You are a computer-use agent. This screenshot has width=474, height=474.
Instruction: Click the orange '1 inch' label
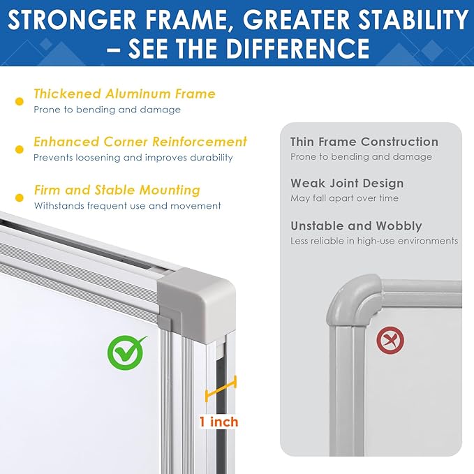click(x=219, y=422)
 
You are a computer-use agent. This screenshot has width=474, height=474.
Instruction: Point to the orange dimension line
click(x=221, y=389)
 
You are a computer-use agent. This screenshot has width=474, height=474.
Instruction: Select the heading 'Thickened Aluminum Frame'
click(x=124, y=94)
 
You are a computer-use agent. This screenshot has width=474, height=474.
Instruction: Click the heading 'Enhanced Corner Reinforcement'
click(x=140, y=142)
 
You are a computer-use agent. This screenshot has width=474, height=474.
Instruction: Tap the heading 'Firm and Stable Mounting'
click(x=117, y=190)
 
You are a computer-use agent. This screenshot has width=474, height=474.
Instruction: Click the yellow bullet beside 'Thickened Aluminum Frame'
click(x=19, y=102)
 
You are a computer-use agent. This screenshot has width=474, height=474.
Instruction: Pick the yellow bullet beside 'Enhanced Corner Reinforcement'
click(x=19, y=149)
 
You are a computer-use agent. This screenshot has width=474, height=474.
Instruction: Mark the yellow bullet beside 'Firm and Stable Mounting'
click(x=19, y=198)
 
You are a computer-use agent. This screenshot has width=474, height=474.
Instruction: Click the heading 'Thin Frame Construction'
click(x=364, y=142)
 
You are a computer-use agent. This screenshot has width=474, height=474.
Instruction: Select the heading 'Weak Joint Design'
click(x=347, y=184)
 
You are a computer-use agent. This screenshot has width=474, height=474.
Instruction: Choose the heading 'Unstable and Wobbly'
click(x=356, y=226)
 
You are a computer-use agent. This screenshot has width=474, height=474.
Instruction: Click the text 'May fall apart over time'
click(x=345, y=198)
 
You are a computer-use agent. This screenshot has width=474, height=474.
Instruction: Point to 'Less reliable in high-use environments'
click(x=374, y=241)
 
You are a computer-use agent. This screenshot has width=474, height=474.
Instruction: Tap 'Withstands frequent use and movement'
click(x=128, y=205)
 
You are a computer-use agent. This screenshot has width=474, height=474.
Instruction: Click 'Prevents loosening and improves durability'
click(x=133, y=157)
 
